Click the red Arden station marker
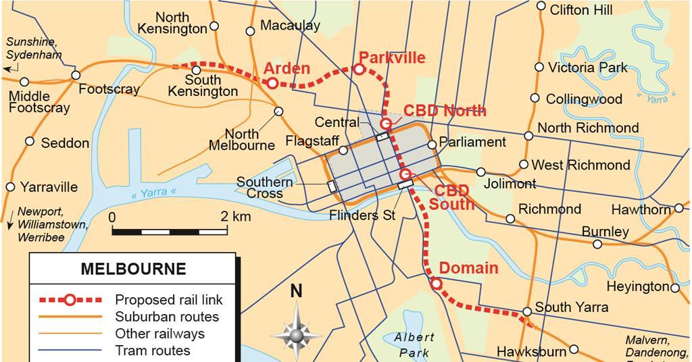point(272,83)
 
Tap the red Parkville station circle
point(360,69)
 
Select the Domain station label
point(468,267)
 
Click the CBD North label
point(445,111)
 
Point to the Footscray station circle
point(76,75)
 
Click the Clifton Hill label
point(581,10)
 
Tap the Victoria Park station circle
point(539,67)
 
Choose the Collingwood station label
point(584,99)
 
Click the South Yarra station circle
point(526,311)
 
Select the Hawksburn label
point(531,352)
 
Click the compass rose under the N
point(296,333)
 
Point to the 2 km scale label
point(236,217)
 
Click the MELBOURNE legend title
point(133,269)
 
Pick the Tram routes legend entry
point(153,351)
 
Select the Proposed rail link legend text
point(168,299)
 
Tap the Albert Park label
point(414,344)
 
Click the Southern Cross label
point(264,188)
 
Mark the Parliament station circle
point(432,143)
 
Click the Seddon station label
point(65,143)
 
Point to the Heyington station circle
point(675,288)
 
